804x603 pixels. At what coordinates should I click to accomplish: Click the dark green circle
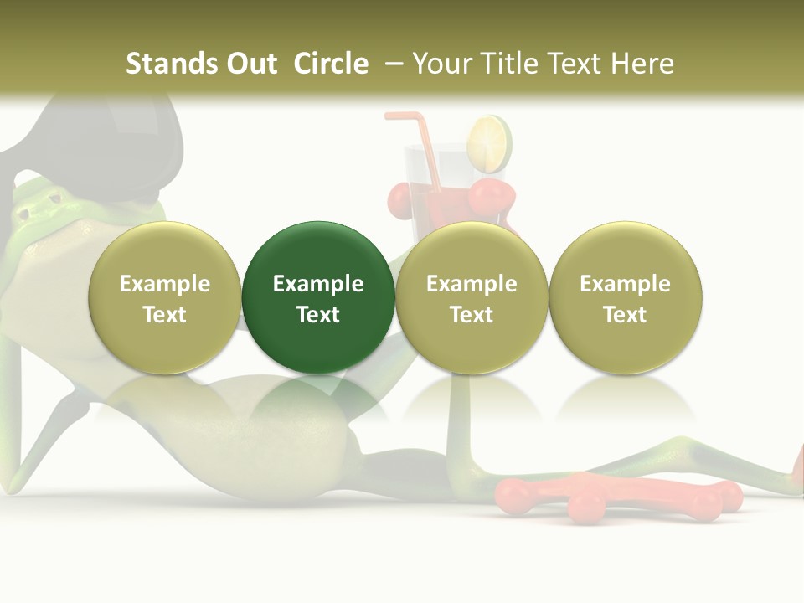[318, 296]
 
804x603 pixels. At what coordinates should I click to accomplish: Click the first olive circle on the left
[164, 296]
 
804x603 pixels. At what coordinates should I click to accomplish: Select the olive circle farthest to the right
[625, 296]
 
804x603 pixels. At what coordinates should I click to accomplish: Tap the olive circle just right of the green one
[472, 296]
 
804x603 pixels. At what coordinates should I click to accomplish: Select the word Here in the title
[642, 64]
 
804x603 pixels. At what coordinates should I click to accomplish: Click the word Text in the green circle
[318, 315]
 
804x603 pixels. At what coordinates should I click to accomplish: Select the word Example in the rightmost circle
[625, 284]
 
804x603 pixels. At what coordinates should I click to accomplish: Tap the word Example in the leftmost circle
[164, 284]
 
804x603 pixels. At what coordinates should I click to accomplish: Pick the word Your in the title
[440, 64]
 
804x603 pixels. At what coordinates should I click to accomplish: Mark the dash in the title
[391, 64]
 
